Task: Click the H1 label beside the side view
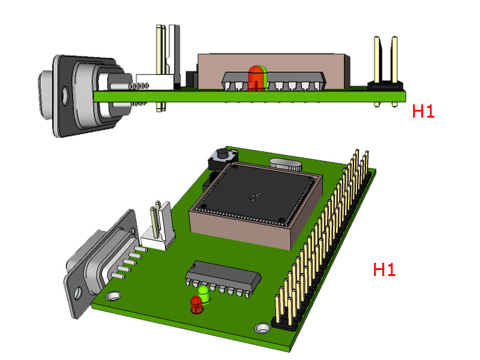pyautogui.click(x=424, y=112)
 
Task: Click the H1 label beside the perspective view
pyautogui.click(x=385, y=269)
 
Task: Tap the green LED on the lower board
pyautogui.click(x=204, y=294)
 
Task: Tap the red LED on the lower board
pyautogui.click(x=196, y=305)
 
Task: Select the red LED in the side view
pyautogui.click(x=257, y=78)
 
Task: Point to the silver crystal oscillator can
pyautogui.click(x=286, y=164)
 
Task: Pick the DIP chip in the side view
pyautogui.click(x=274, y=82)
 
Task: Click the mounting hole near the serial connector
pyautogui.click(x=113, y=296)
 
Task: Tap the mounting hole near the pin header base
pyautogui.click(x=263, y=328)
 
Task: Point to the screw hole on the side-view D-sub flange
pyautogui.click(x=65, y=95)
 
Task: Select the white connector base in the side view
pyautogui.click(x=155, y=82)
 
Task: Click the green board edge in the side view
pyautogui.click(x=250, y=97)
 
